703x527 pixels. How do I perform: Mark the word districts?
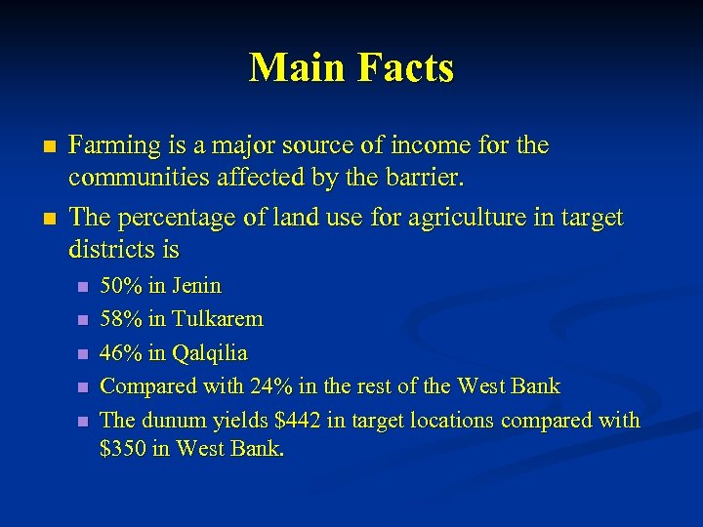(x=111, y=250)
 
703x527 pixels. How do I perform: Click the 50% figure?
(x=119, y=286)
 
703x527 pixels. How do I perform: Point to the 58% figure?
(x=119, y=319)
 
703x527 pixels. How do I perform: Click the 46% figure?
(x=119, y=352)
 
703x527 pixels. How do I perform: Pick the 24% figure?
(x=269, y=386)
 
